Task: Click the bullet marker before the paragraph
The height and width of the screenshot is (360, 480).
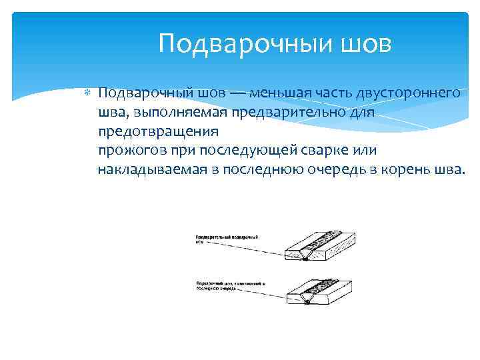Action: tap(87, 93)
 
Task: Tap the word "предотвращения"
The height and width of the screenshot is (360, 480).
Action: tap(157, 131)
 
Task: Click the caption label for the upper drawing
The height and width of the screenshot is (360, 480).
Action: tap(226, 239)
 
